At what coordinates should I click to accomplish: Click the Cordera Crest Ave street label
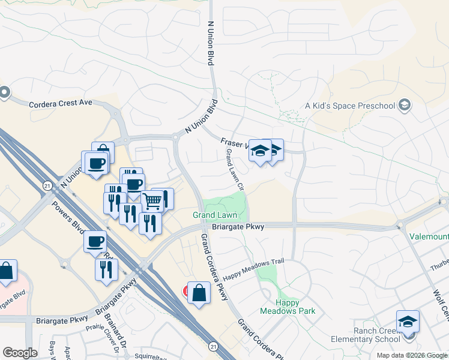pos(61,103)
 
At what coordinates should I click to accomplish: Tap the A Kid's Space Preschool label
pos(350,106)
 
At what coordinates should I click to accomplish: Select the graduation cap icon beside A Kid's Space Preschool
pos(405,106)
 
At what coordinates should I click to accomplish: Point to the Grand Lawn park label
pos(211,215)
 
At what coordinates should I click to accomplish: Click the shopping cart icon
pos(152,201)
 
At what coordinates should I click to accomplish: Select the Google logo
pos(20,353)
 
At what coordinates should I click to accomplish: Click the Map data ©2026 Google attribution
pos(412,355)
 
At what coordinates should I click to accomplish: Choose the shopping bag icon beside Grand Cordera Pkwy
pos(199,293)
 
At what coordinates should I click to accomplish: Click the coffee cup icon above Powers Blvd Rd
pos(95,241)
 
